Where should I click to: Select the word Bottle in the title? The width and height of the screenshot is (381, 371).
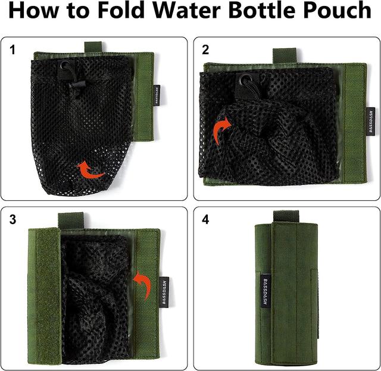(261, 10)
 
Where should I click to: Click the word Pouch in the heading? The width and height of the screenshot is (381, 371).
(337, 10)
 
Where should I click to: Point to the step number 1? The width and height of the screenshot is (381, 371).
(13, 50)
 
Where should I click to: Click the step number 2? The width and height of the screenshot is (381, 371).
(205, 50)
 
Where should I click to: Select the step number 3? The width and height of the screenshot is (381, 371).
(13, 219)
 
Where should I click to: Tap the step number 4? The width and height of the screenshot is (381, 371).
(205, 219)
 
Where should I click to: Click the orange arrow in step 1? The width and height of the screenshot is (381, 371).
(91, 171)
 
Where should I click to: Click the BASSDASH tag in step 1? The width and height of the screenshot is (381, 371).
(157, 95)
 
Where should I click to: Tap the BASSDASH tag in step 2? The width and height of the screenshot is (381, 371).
(371, 122)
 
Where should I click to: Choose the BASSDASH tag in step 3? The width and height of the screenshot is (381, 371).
(164, 292)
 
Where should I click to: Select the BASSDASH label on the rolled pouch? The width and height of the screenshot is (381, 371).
(265, 291)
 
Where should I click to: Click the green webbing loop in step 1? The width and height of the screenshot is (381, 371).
(93, 47)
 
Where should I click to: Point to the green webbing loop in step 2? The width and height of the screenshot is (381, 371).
(285, 55)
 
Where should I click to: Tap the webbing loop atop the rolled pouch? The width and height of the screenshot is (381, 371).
(286, 216)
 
